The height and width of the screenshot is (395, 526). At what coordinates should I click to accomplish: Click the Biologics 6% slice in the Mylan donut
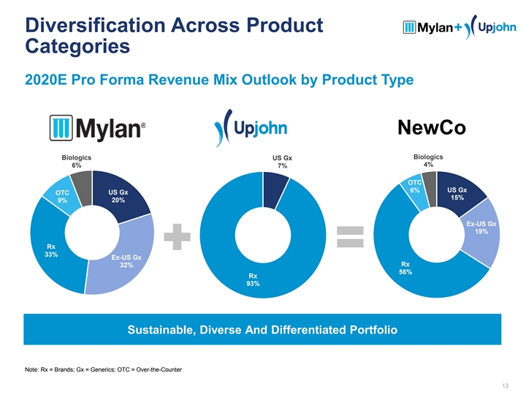(81, 181)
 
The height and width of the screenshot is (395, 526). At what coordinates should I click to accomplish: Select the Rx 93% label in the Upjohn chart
(253, 280)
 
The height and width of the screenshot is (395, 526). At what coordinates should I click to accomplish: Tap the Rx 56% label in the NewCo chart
(405, 268)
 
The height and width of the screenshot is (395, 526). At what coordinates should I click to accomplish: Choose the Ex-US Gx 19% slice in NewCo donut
(481, 227)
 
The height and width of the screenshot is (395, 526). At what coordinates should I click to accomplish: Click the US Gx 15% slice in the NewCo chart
(458, 195)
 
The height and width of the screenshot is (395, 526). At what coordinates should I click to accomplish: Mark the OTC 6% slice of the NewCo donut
(415, 188)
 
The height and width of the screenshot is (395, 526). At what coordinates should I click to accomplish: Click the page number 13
(504, 385)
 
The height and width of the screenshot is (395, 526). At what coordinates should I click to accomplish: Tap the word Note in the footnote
(33, 369)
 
